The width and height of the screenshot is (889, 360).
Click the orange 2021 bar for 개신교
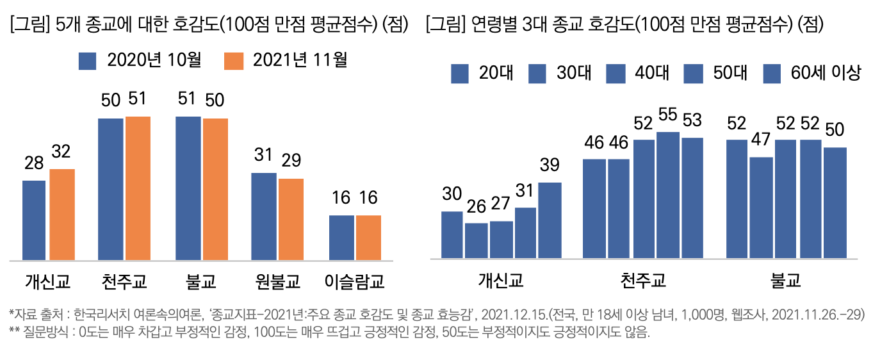[x=62, y=215]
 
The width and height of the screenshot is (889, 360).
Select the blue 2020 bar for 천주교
[x=110, y=189]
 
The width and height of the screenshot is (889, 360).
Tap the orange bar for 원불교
[x=291, y=219]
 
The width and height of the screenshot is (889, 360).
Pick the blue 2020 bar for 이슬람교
[x=341, y=238]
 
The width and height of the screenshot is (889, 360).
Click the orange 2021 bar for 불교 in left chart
[x=215, y=189]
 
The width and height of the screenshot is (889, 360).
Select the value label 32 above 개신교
[x=62, y=152]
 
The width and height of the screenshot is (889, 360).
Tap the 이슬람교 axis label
[x=354, y=281]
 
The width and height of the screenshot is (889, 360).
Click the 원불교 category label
[x=277, y=281]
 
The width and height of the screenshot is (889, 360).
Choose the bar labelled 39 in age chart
[x=550, y=220]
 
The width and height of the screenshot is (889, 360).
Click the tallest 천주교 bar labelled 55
[x=668, y=195]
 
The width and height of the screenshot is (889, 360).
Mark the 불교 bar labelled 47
[x=761, y=208]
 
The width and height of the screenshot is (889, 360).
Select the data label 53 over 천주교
[x=692, y=120]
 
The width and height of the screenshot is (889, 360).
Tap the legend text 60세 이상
[x=826, y=73]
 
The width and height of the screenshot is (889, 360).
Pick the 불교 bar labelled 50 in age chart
[x=835, y=203]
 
